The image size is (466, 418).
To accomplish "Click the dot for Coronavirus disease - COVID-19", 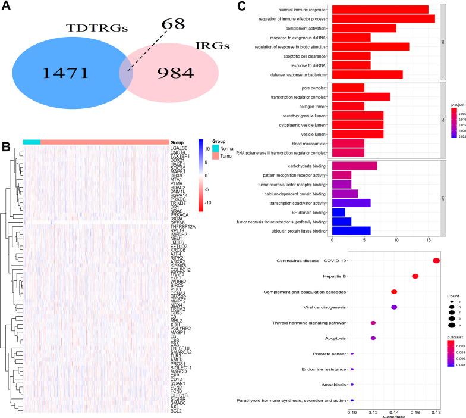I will pyautogui.click(x=436, y=260).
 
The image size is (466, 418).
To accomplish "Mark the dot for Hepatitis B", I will pyautogui.click(x=415, y=276).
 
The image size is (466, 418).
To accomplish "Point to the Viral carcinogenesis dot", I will pyautogui.click(x=394, y=307).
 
